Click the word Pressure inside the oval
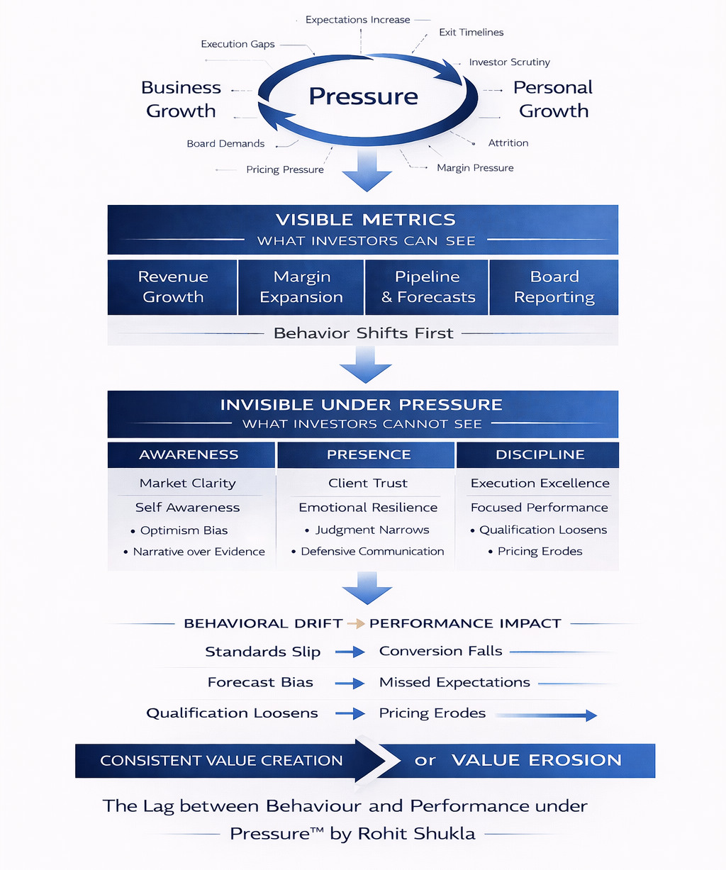coord(363,96)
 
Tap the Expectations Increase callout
coord(357,20)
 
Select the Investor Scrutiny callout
coord(509,62)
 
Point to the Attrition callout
coord(508,143)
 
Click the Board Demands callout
coord(225,144)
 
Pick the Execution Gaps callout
coord(238,44)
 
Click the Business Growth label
coord(181,99)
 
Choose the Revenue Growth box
coord(173,287)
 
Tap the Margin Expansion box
coord(301,287)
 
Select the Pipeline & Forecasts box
coord(428,287)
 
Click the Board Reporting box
coord(554,287)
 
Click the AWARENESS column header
coord(189,455)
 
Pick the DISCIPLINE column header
coord(540,455)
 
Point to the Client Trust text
coord(368,484)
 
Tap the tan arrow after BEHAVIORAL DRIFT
coord(356,624)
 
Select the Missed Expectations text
coord(454,683)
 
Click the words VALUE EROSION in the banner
coord(536,761)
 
